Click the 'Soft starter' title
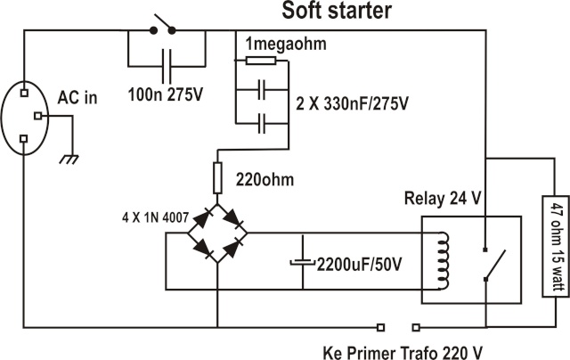click(x=337, y=10)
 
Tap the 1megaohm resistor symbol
click(x=261, y=61)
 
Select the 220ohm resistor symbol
click(x=217, y=178)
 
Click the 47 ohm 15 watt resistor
click(x=555, y=246)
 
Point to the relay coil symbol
click(x=444, y=261)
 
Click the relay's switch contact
click(x=495, y=265)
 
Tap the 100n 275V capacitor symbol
click(x=167, y=67)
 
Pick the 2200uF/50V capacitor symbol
click(x=303, y=262)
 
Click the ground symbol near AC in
click(x=69, y=160)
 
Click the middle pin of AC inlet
click(x=37, y=116)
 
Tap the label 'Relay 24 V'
click(x=443, y=199)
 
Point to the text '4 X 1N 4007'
click(x=155, y=217)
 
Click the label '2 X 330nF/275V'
click(x=352, y=104)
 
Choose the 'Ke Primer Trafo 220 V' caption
click(x=403, y=353)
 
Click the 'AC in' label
click(x=77, y=97)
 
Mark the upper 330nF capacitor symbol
click(x=262, y=89)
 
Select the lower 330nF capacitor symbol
click(x=262, y=124)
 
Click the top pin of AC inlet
click(x=24, y=93)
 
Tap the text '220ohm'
click(x=265, y=180)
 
